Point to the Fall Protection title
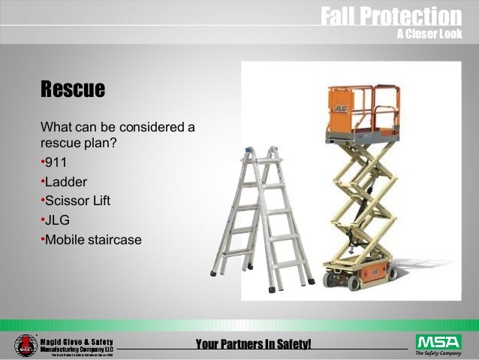(x=390, y=15)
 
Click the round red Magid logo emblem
(x=25, y=345)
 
